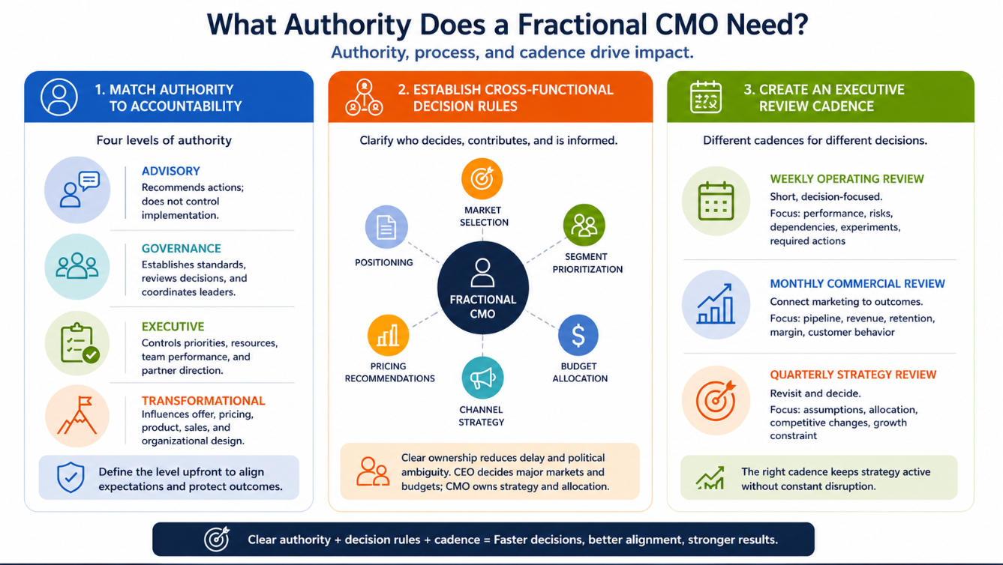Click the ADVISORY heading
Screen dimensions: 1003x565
[x=170, y=171]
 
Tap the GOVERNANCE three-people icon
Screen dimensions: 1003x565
[x=77, y=266]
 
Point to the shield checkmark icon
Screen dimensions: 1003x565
[x=71, y=477]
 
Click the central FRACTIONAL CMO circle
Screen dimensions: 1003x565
[x=482, y=288]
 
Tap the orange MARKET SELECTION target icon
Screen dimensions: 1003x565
[x=482, y=179]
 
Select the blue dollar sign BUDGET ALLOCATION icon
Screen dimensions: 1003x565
[x=578, y=335]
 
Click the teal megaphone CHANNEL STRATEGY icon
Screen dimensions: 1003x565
[x=482, y=378]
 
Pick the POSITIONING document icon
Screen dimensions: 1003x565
[x=386, y=227]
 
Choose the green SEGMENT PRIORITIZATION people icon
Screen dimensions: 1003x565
[x=584, y=225]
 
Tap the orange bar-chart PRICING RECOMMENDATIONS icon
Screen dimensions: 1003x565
[x=388, y=336]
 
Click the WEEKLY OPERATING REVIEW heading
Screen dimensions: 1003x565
[x=847, y=179]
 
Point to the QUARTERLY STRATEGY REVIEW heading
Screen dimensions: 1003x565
[x=853, y=375]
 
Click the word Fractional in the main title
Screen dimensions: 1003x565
[x=583, y=25]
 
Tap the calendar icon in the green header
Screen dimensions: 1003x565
[x=706, y=97]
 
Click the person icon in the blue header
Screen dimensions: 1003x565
[x=59, y=97]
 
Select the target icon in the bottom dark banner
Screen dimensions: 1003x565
[x=217, y=539]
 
